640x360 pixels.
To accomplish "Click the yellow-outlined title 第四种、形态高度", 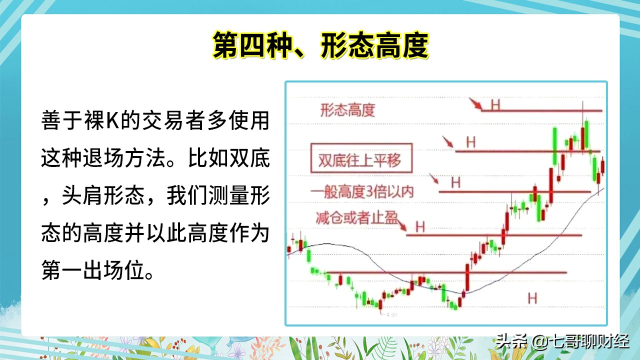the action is tap(320, 45).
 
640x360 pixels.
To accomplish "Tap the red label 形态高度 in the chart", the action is tap(347, 110).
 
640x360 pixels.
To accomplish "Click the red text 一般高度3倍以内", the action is tap(362, 192).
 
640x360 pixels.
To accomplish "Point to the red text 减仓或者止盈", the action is tap(357, 218).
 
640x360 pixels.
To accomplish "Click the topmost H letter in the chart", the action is tap(495, 105).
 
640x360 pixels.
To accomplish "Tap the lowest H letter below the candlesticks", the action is tap(532, 298).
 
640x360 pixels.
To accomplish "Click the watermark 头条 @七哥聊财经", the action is tap(562, 341).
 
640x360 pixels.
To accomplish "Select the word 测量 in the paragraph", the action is tap(229, 196).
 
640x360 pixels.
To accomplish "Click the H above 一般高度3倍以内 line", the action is tap(456, 182).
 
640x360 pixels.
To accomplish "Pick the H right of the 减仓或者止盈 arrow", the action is tap(420, 227).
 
